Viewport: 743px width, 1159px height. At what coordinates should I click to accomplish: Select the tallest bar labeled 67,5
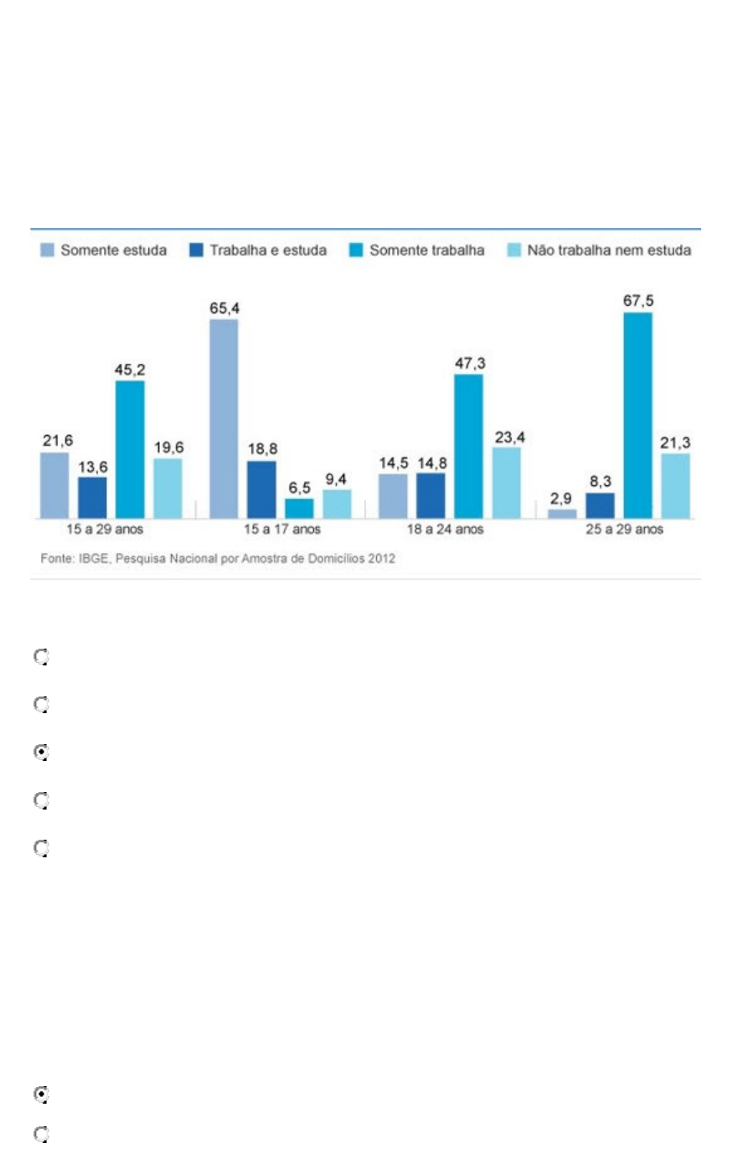click(x=637, y=414)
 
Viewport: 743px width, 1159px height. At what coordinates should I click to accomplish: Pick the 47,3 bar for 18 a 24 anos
click(x=469, y=445)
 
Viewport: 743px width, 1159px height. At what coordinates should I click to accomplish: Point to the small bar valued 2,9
click(x=562, y=513)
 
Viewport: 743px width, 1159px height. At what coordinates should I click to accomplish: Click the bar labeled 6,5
click(x=299, y=508)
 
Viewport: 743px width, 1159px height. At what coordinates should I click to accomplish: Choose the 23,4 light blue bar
click(x=506, y=482)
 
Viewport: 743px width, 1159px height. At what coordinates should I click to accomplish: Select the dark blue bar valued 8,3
click(x=600, y=504)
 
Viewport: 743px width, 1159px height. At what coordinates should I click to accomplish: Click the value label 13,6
click(x=92, y=467)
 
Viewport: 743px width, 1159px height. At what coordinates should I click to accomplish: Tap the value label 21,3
click(x=675, y=443)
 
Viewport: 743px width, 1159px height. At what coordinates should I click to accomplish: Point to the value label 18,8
click(x=262, y=450)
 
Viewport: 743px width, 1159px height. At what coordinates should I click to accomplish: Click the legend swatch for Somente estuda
click(x=48, y=251)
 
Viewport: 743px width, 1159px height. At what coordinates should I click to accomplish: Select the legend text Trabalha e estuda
click(x=268, y=251)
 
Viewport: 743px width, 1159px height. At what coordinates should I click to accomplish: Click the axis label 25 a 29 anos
click(x=624, y=530)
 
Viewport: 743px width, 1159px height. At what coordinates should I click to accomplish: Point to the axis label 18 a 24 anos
click(x=446, y=530)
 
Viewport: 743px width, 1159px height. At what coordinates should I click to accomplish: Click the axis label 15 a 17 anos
click(x=282, y=530)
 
